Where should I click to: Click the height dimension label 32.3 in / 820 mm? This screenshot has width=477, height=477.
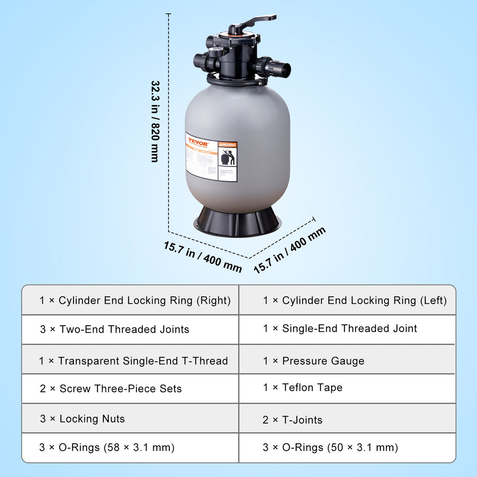155,121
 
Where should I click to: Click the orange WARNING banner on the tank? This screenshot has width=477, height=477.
227,145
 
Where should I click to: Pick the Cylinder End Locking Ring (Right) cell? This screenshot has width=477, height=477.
135,301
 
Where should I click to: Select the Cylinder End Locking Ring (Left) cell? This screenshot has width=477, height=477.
354,301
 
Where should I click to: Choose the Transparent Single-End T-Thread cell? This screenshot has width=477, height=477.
133,361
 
